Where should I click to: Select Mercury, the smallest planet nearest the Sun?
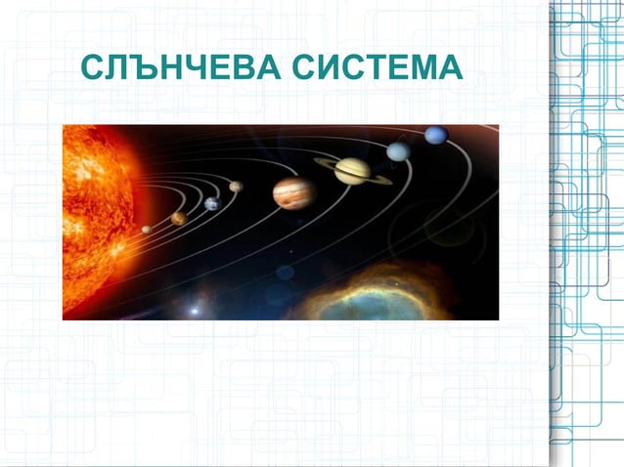coord(147,230)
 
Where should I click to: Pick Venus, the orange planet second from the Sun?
coord(178,218)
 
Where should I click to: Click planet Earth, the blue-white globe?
coord(211,203)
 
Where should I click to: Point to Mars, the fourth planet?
coord(236,186)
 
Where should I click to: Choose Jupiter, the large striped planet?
coord(293,192)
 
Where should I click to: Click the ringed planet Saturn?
coord(353,170)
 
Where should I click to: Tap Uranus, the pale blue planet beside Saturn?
coord(398,151)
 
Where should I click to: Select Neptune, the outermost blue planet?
coord(436,135)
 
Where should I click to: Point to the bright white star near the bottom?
coord(193,311)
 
